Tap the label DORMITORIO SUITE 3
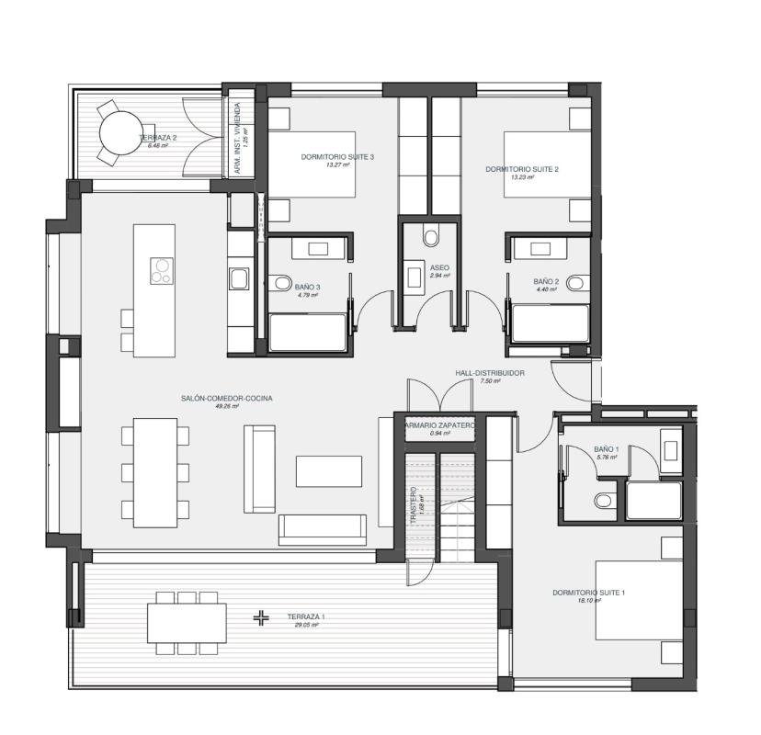coord(337,157)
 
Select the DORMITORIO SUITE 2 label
coord(522,169)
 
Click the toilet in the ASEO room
coord(431,237)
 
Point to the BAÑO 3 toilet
coord(281,283)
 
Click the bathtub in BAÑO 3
coord(308,332)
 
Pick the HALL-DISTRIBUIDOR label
coord(490,373)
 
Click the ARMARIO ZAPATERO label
coord(440,426)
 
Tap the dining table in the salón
coord(154,472)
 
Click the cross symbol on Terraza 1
coord(262,618)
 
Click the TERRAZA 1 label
coord(306,617)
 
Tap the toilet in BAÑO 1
coord(604,501)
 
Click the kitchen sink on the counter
coord(237,278)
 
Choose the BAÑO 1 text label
coord(607,449)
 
